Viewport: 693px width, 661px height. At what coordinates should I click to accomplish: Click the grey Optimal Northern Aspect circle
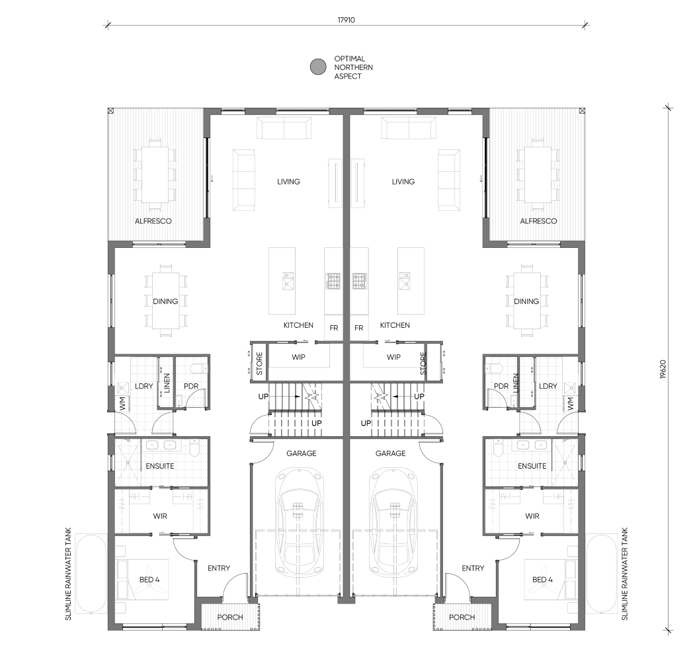tap(318, 67)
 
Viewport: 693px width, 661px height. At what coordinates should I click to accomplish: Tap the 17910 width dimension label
tap(346, 20)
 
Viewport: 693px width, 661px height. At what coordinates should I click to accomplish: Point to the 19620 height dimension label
tap(663, 369)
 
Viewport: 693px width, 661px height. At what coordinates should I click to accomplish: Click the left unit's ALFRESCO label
tap(153, 221)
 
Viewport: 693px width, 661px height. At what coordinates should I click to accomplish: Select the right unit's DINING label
tap(526, 301)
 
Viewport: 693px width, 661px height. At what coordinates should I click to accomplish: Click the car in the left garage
tap(299, 522)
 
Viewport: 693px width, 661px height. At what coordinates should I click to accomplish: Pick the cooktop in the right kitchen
tap(360, 281)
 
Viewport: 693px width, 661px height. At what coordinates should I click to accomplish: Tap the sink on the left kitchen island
tap(288, 282)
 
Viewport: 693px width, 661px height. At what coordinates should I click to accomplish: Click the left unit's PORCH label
tap(230, 617)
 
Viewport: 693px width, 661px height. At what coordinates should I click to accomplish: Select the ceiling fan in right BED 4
tap(550, 579)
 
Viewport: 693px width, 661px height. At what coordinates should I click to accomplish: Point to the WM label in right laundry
tap(571, 403)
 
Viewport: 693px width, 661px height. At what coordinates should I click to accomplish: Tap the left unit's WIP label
tap(298, 357)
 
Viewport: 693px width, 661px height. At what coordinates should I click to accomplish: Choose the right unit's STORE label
tap(423, 364)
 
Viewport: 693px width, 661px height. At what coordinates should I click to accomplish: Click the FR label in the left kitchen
tap(334, 328)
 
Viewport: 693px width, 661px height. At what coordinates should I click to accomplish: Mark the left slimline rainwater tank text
tap(68, 574)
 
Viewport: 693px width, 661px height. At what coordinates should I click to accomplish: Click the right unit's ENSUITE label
tap(532, 466)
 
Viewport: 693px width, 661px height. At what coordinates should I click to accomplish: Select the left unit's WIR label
tap(160, 516)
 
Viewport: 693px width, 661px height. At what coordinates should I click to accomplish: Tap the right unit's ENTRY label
tap(473, 568)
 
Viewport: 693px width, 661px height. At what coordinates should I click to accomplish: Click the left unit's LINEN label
tap(167, 383)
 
